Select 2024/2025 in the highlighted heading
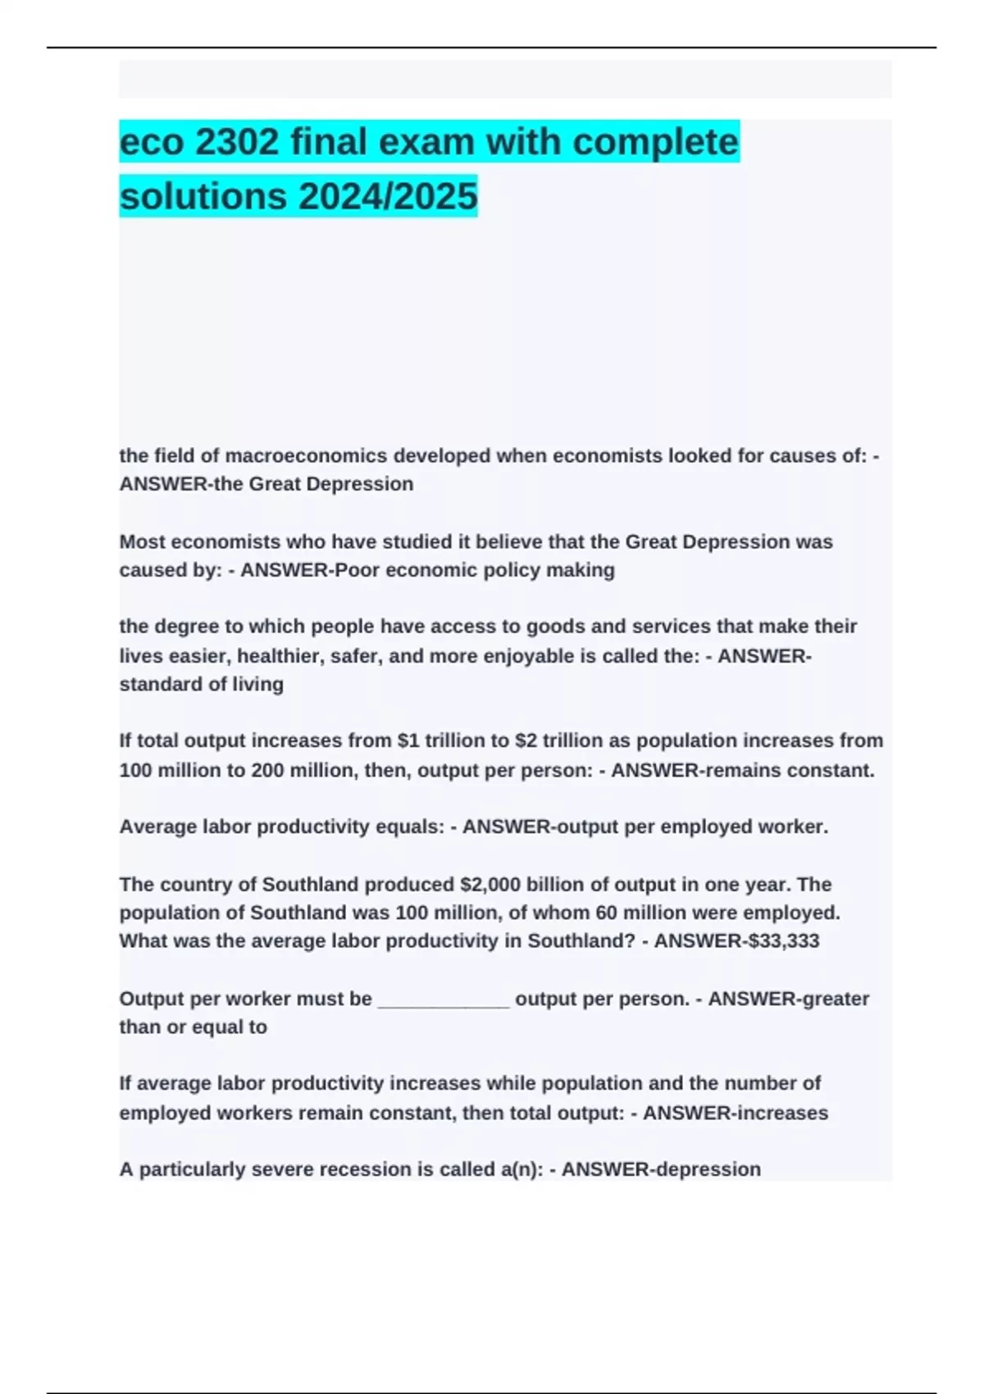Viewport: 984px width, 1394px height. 388,196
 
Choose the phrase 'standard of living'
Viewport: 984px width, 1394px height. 202,684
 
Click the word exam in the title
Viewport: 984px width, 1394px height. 423,142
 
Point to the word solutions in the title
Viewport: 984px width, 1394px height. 203,196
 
